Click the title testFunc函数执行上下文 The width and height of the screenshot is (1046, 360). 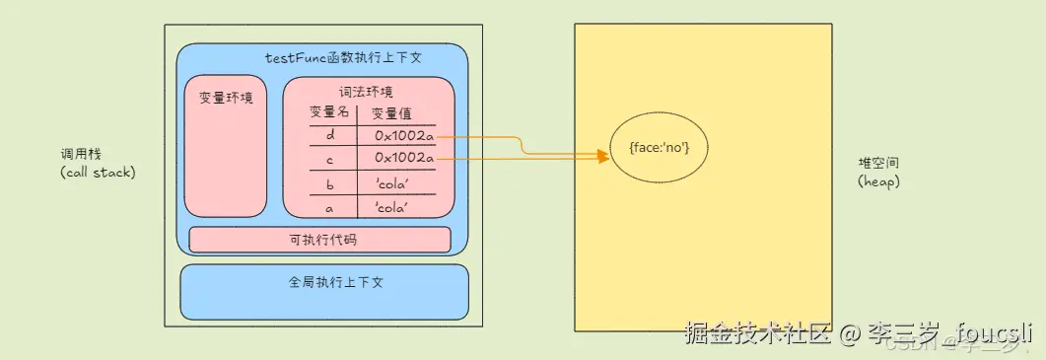click(x=343, y=58)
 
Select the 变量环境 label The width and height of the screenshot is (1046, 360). click(x=226, y=98)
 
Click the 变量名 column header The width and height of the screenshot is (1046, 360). click(x=329, y=112)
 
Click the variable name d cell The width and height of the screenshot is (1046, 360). click(x=329, y=135)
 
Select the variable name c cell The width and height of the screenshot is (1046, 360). click(x=329, y=158)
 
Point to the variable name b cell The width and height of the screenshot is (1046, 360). click(x=329, y=183)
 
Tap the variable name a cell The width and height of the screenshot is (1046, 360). click(x=329, y=207)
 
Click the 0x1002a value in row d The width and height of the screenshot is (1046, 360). click(x=403, y=135)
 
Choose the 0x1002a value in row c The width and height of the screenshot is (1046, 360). click(x=403, y=158)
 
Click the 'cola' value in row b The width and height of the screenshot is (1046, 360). click(x=391, y=183)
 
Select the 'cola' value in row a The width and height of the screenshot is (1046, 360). click(x=391, y=207)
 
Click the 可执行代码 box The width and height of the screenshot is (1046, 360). click(x=319, y=240)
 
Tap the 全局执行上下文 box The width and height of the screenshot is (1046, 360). click(x=324, y=291)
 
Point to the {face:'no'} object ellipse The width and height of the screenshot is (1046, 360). click(x=659, y=148)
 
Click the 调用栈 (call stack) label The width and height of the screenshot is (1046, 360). click(x=97, y=164)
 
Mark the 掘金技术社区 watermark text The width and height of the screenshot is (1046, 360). click(x=757, y=333)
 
